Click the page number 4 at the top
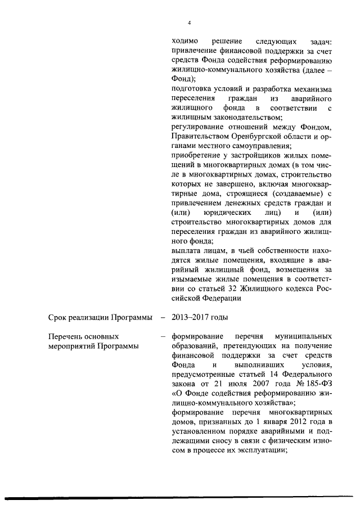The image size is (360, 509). pos(190,23)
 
